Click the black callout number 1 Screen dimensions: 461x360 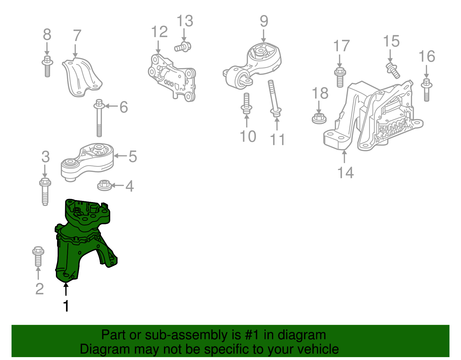tap(66, 306)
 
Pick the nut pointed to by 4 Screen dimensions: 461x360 tap(104, 185)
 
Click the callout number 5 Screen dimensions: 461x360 tap(133, 157)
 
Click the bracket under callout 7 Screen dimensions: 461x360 tap(82, 78)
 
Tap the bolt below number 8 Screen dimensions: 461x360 tap(47, 66)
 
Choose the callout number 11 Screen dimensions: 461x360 tap(277, 139)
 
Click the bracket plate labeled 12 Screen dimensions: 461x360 tap(172, 78)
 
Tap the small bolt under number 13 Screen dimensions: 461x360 tap(183, 47)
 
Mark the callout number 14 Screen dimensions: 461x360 tap(345, 172)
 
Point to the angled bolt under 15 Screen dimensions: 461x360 tap(393, 70)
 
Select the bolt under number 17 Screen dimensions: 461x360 tap(340, 77)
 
